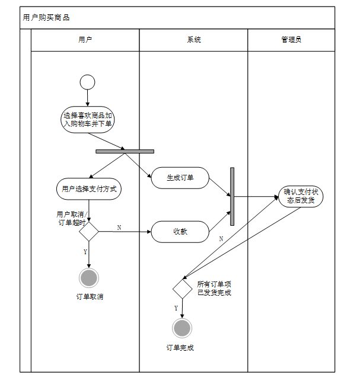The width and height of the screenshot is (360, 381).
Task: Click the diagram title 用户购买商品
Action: tap(46, 18)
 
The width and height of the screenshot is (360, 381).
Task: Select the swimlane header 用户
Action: tap(85, 40)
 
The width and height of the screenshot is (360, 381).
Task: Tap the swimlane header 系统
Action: tap(194, 40)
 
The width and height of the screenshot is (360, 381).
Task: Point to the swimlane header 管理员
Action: tap(291, 40)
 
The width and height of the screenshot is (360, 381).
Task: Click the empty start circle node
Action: tap(87, 82)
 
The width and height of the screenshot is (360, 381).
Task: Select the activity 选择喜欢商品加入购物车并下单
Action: tap(88, 120)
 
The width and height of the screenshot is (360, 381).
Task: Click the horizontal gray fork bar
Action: tap(125, 151)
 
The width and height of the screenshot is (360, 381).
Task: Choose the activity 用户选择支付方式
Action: tap(88, 189)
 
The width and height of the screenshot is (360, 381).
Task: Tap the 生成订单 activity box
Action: tap(180, 178)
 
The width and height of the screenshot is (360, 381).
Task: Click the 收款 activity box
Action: tap(180, 232)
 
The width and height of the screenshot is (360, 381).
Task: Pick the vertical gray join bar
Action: tap(232, 196)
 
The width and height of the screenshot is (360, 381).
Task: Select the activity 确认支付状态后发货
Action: tap(300, 196)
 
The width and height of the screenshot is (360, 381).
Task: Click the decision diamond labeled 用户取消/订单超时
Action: tap(88, 232)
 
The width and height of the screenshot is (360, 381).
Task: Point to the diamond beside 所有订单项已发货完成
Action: tap(182, 289)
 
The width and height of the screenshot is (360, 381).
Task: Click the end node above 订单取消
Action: tap(88, 277)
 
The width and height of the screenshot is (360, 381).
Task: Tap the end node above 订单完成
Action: tap(182, 328)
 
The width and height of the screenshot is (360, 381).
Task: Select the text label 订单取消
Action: tap(89, 296)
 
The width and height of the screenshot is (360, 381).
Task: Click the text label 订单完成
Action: tap(180, 348)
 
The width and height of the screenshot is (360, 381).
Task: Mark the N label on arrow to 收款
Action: tap(119, 228)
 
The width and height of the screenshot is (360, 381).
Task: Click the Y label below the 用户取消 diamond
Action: tap(85, 252)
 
